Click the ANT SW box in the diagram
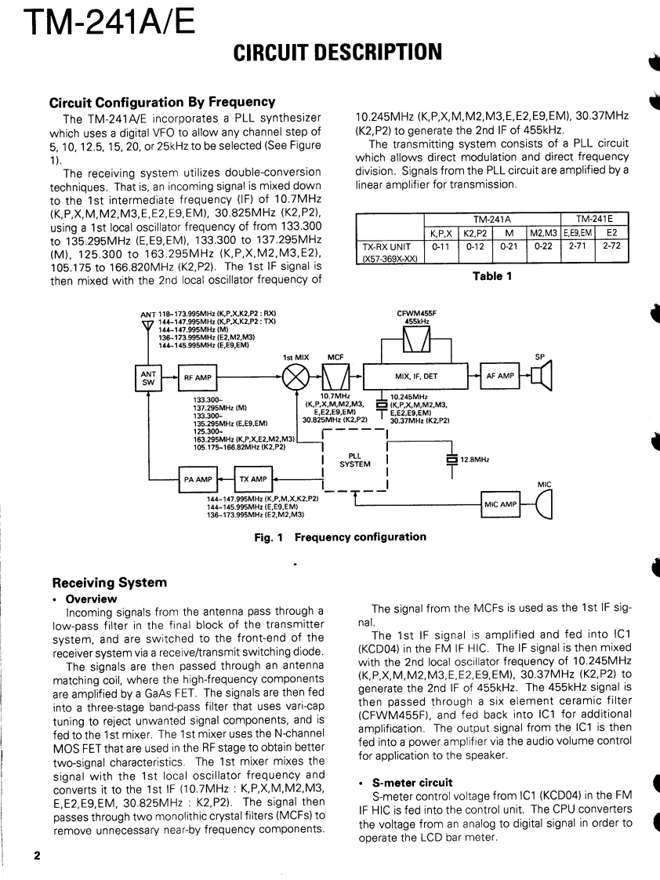click(148, 376)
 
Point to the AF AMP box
click(500, 376)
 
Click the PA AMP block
click(198, 479)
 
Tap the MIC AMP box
click(501, 504)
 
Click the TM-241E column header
click(595, 220)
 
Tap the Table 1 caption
click(492, 276)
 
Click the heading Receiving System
click(109, 582)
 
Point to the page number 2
click(37, 854)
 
